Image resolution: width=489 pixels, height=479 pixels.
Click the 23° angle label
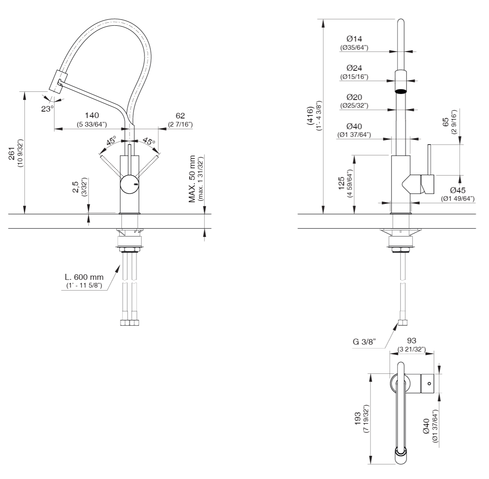tap(47, 109)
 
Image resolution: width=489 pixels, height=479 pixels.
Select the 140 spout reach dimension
tap(92, 115)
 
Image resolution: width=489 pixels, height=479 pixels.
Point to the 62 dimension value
tap(180, 115)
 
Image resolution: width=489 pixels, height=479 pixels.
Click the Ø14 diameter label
tap(354, 39)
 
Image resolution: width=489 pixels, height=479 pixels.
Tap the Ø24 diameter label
tap(354, 68)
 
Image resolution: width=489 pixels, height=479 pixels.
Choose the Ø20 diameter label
tap(354, 97)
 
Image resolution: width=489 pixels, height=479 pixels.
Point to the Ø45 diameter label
tap(458, 190)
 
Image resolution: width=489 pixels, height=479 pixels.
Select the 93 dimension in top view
tap(411, 341)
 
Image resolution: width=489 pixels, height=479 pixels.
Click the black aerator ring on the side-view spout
tap(400, 91)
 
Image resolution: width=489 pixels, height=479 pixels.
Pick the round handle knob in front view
tap(129, 184)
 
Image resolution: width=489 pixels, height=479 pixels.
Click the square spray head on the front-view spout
tap(56, 81)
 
